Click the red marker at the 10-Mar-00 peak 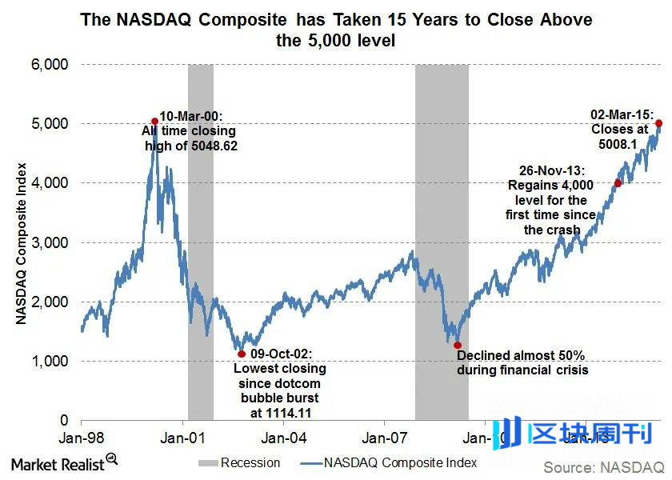(154, 122)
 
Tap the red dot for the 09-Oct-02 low (242, 353)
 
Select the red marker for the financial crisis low (458, 346)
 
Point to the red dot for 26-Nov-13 (618, 183)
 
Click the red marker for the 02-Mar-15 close (659, 123)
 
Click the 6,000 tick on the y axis (50, 64)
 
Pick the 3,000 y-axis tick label (50, 242)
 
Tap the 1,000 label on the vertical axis (50, 361)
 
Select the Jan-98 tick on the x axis (82, 438)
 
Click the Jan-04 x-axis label (285, 438)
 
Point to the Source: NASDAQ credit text (604, 466)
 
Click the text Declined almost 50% (522, 354)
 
